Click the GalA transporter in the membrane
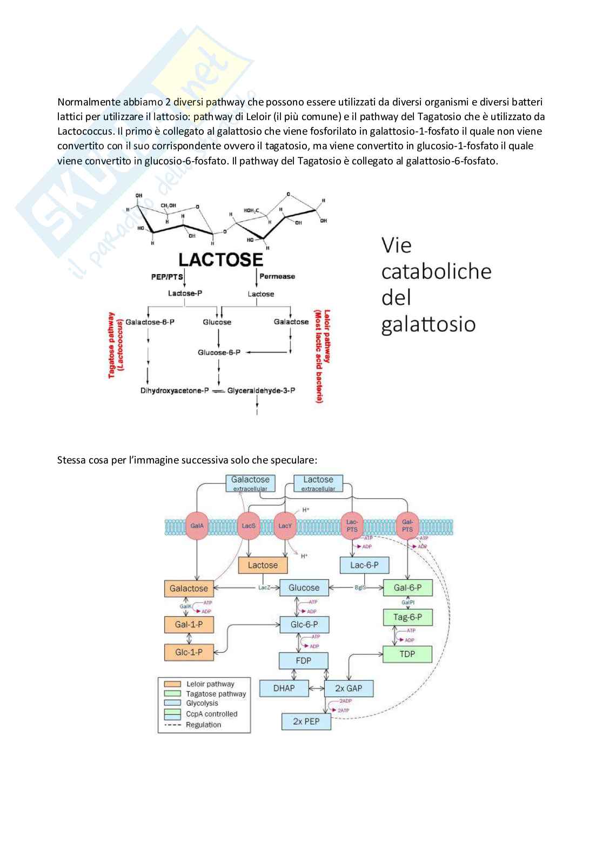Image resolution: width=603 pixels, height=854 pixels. coord(197,525)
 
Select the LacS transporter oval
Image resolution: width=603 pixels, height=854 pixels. coord(249,525)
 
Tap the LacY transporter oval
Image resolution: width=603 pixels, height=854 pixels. coord(285,525)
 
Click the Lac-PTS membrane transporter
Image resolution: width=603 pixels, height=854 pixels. coord(352,525)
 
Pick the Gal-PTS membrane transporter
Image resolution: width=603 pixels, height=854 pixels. coord(407,525)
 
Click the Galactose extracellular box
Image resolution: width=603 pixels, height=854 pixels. coord(250,483)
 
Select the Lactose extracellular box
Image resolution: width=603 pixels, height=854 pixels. coord(318,483)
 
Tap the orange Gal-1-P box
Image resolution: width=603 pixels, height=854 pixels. coord(189,625)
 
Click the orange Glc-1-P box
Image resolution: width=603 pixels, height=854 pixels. coord(189,652)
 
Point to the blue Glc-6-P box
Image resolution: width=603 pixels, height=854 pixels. coord(304,625)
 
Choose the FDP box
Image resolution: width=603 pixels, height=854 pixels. coord(303,660)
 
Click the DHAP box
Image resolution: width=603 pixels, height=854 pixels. coord(284,688)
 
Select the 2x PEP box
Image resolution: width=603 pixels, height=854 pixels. coord(306,721)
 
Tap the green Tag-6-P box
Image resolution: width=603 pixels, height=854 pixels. coord(407,617)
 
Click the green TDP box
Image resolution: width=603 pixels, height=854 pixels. coord(407,654)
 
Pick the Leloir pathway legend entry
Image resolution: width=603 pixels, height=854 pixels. coord(210,684)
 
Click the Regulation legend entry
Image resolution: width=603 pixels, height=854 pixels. coord(203,725)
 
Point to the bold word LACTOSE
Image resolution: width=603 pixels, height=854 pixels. coord(220,260)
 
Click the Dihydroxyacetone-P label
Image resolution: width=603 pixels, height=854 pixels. coord(175,390)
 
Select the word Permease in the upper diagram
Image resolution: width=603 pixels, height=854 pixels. coord(277,276)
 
